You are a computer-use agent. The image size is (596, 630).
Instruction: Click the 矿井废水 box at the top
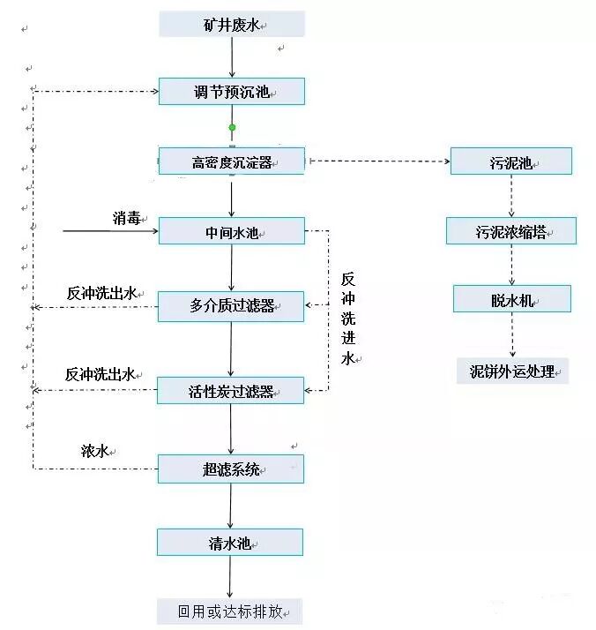point(231,24)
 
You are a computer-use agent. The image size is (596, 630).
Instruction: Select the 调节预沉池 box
point(231,92)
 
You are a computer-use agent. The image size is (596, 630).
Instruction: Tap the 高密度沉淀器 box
point(231,161)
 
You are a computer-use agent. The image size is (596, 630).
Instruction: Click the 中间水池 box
point(231,232)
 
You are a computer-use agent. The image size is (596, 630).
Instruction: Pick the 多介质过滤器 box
point(231,306)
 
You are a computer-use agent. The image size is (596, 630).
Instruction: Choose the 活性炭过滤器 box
point(231,390)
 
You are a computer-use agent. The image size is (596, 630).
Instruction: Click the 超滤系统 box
point(231,469)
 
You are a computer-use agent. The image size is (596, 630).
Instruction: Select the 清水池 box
point(231,542)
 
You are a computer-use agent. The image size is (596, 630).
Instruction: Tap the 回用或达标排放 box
point(231,611)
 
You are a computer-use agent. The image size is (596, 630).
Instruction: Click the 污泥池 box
point(510,161)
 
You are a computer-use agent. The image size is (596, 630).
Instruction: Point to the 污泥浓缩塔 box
point(511,231)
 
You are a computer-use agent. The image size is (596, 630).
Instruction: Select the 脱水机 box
point(511,299)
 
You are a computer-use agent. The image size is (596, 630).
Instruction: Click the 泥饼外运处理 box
point(512,371)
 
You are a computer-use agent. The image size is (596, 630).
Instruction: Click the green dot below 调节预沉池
point(232,128)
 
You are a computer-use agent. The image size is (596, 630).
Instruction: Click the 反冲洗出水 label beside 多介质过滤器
point(102,293)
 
